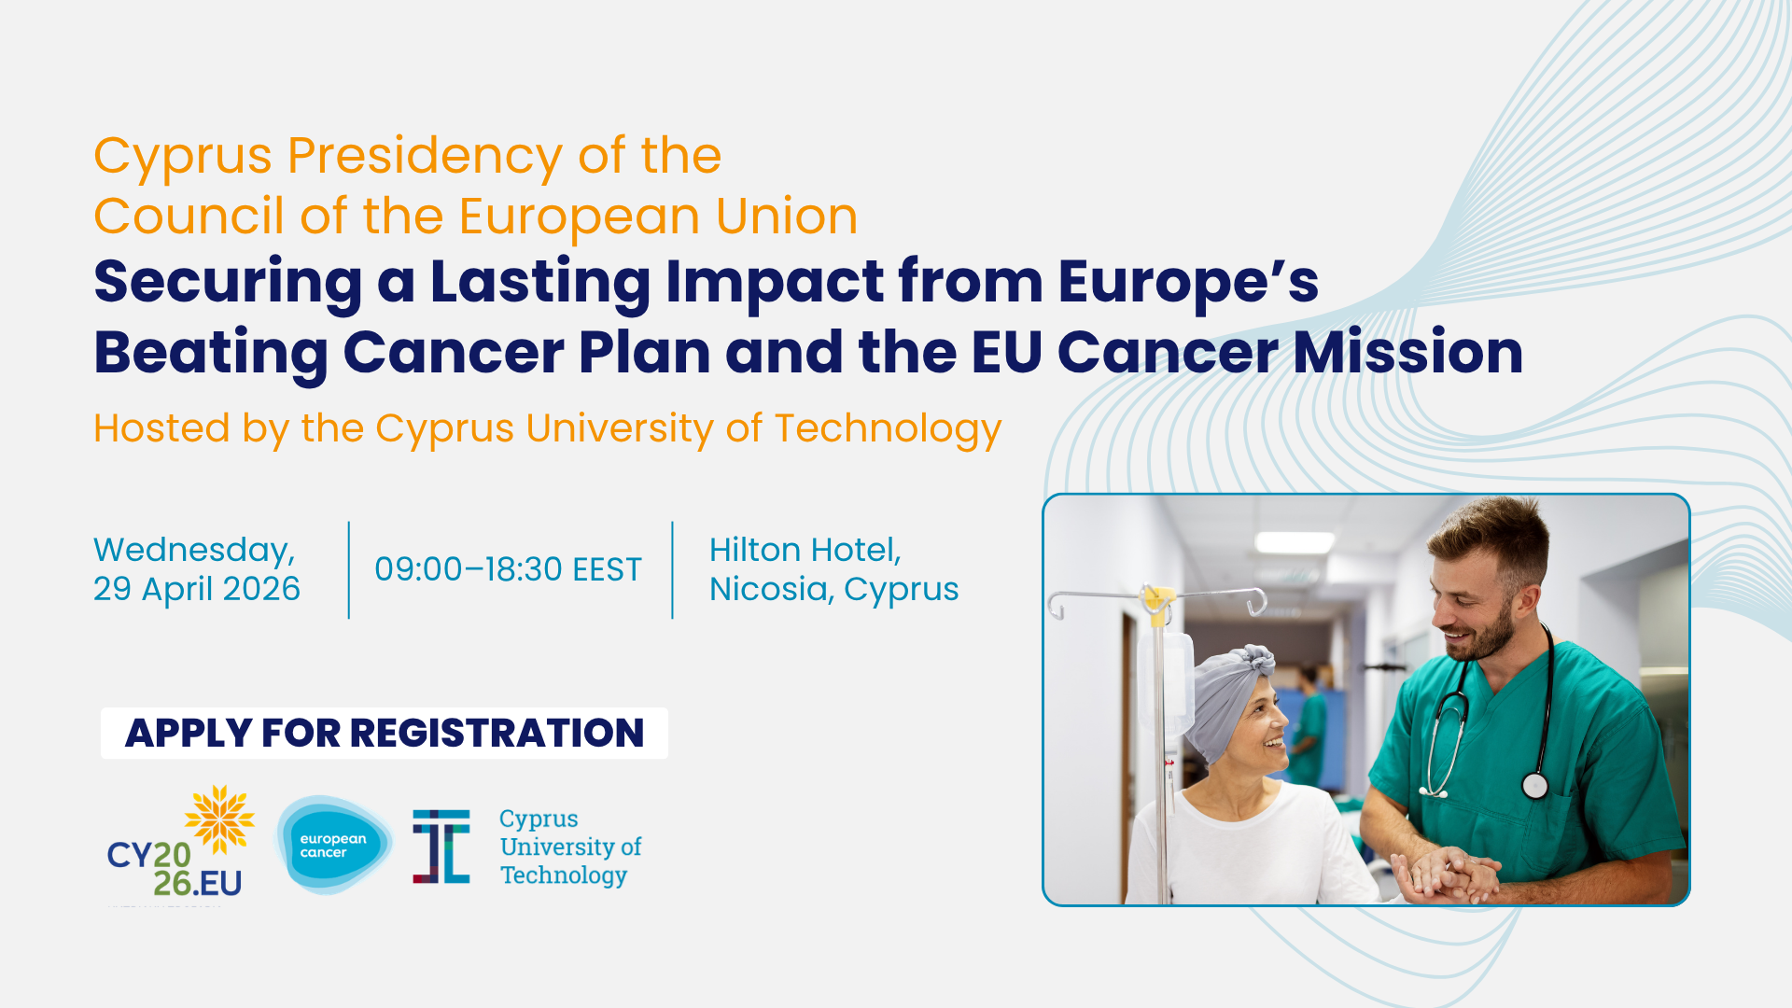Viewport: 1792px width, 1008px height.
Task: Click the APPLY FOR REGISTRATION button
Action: coord(385,733)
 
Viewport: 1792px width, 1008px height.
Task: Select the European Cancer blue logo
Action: coord(333,845)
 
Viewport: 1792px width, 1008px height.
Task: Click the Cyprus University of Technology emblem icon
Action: coord(441,847)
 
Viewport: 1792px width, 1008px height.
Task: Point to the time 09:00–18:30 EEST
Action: coord(508,569)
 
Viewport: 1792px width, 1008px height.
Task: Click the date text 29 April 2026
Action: coord(197,589)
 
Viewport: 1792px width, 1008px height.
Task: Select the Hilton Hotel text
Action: coord(805,550)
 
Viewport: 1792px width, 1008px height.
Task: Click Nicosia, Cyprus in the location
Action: coord(833,590)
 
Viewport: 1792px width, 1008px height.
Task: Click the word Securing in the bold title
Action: coord(228,283)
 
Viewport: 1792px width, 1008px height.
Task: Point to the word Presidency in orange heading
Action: coord(424,157)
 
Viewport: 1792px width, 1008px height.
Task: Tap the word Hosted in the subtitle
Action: coord(161,428)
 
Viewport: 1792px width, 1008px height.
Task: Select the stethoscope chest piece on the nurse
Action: coord(1534,786)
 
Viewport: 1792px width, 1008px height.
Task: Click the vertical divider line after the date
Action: coord(349,570)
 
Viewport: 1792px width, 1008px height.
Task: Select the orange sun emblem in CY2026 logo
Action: coord(220,819)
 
